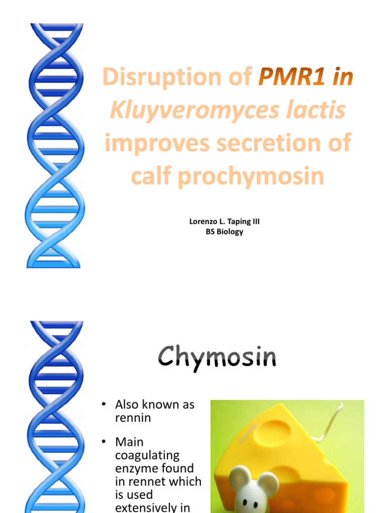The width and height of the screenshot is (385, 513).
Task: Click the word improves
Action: click(x=152, y=143)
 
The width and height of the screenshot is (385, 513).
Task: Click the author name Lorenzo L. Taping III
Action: click(x=224, y=221)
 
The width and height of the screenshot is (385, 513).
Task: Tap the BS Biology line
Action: click(x=224, y=231)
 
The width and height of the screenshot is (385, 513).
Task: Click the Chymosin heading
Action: click(x=217, y=358)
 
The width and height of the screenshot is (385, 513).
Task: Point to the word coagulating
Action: click(x=147, y=455)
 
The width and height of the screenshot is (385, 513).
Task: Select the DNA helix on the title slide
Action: click(x=55, y=145)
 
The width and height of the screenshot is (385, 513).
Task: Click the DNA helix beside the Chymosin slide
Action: click(x=55, y=416)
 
